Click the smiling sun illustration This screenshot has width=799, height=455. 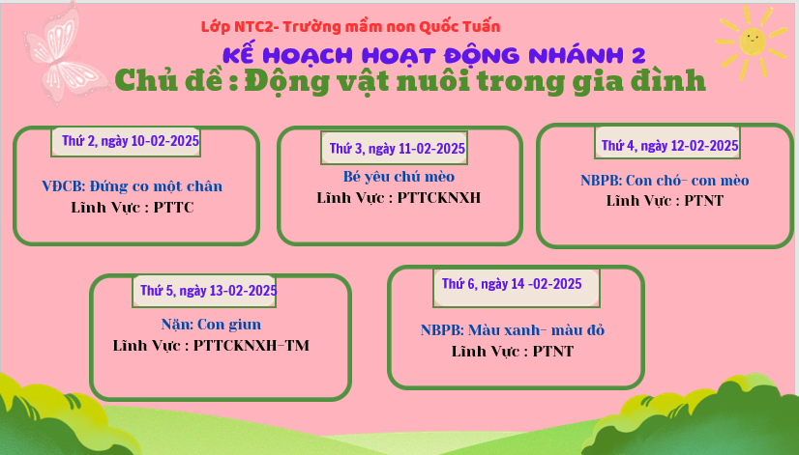point(752,42)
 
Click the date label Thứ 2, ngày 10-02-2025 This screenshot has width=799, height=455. point(131,141)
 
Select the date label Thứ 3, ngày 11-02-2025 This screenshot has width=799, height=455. point(397,149)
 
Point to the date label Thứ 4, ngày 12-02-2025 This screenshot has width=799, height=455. point(669,146)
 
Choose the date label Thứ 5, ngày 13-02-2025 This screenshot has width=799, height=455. point(208,291)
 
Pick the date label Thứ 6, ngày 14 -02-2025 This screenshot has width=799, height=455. point(512,284)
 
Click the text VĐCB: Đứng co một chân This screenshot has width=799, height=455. point(132,186)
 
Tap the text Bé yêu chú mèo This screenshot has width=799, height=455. point(399,177)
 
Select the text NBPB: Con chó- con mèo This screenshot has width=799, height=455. point(665,181)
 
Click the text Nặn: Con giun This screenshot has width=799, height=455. point(211,325)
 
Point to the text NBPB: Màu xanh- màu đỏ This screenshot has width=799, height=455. point(513,330)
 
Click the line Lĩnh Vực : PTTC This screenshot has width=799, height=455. point(133,208)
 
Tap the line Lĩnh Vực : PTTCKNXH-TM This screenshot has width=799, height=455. point(211,346)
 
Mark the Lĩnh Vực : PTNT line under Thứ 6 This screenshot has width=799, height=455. point(513,352)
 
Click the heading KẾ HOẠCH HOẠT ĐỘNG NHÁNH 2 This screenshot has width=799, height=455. point(434,55)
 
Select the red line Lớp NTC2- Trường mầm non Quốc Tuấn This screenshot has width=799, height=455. point(350,26)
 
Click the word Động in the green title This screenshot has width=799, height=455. point(287,81)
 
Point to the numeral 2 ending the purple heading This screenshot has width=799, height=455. point(638,55)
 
